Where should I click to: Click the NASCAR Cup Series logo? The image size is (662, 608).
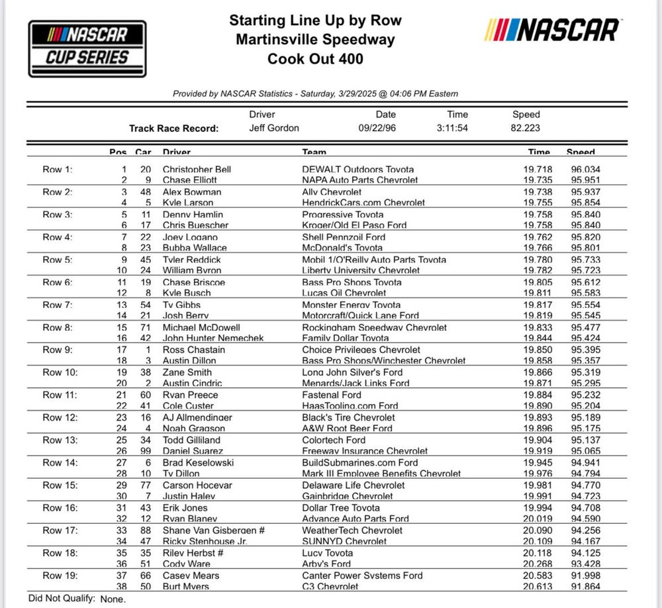click(87, 48)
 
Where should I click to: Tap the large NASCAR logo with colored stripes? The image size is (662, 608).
click(552, 30)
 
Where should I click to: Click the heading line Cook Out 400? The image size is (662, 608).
click(315, 59)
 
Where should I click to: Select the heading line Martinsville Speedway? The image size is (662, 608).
click(315, 40)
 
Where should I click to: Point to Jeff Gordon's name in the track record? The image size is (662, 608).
click(273, 128)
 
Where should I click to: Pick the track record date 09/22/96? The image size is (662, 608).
click(385, 128)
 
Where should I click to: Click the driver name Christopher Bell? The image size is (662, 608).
click(197, 170)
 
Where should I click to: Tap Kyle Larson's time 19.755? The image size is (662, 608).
click(536, 203)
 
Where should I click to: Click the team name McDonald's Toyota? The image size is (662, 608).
click(342, 248)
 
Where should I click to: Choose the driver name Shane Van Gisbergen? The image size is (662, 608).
click(204, 531)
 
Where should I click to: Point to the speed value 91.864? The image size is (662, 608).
click(586, 587)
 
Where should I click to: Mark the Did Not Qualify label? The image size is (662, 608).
click(62, 598)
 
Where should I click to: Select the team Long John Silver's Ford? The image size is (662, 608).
click(352, 372)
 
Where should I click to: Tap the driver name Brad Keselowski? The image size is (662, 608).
click(198, 462)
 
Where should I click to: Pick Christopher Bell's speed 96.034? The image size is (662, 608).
click(586, 170)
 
